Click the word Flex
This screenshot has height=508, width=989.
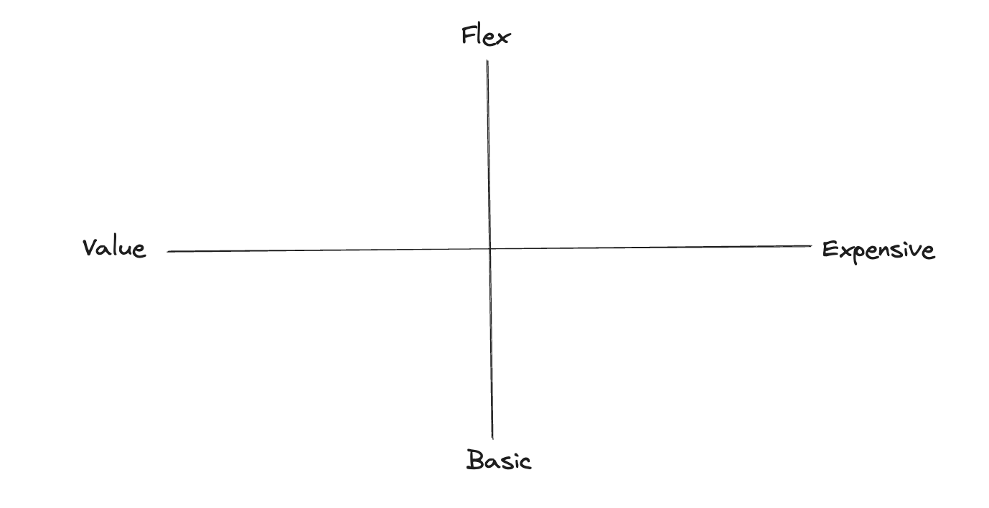[x=485, y=35]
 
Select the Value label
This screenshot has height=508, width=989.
[x=114, y=248]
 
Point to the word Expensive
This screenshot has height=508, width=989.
[x=878, y=250]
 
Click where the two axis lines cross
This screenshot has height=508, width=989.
[x=489, y=249]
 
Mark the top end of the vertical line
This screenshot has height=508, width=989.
[x=487, y=60]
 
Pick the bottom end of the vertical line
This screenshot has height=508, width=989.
[x=492, y=438]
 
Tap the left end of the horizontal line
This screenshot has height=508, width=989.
[x=168, y=252]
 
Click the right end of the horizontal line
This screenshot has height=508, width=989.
[x=811, y=246]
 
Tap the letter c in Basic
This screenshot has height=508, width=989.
[x=525, y=462]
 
